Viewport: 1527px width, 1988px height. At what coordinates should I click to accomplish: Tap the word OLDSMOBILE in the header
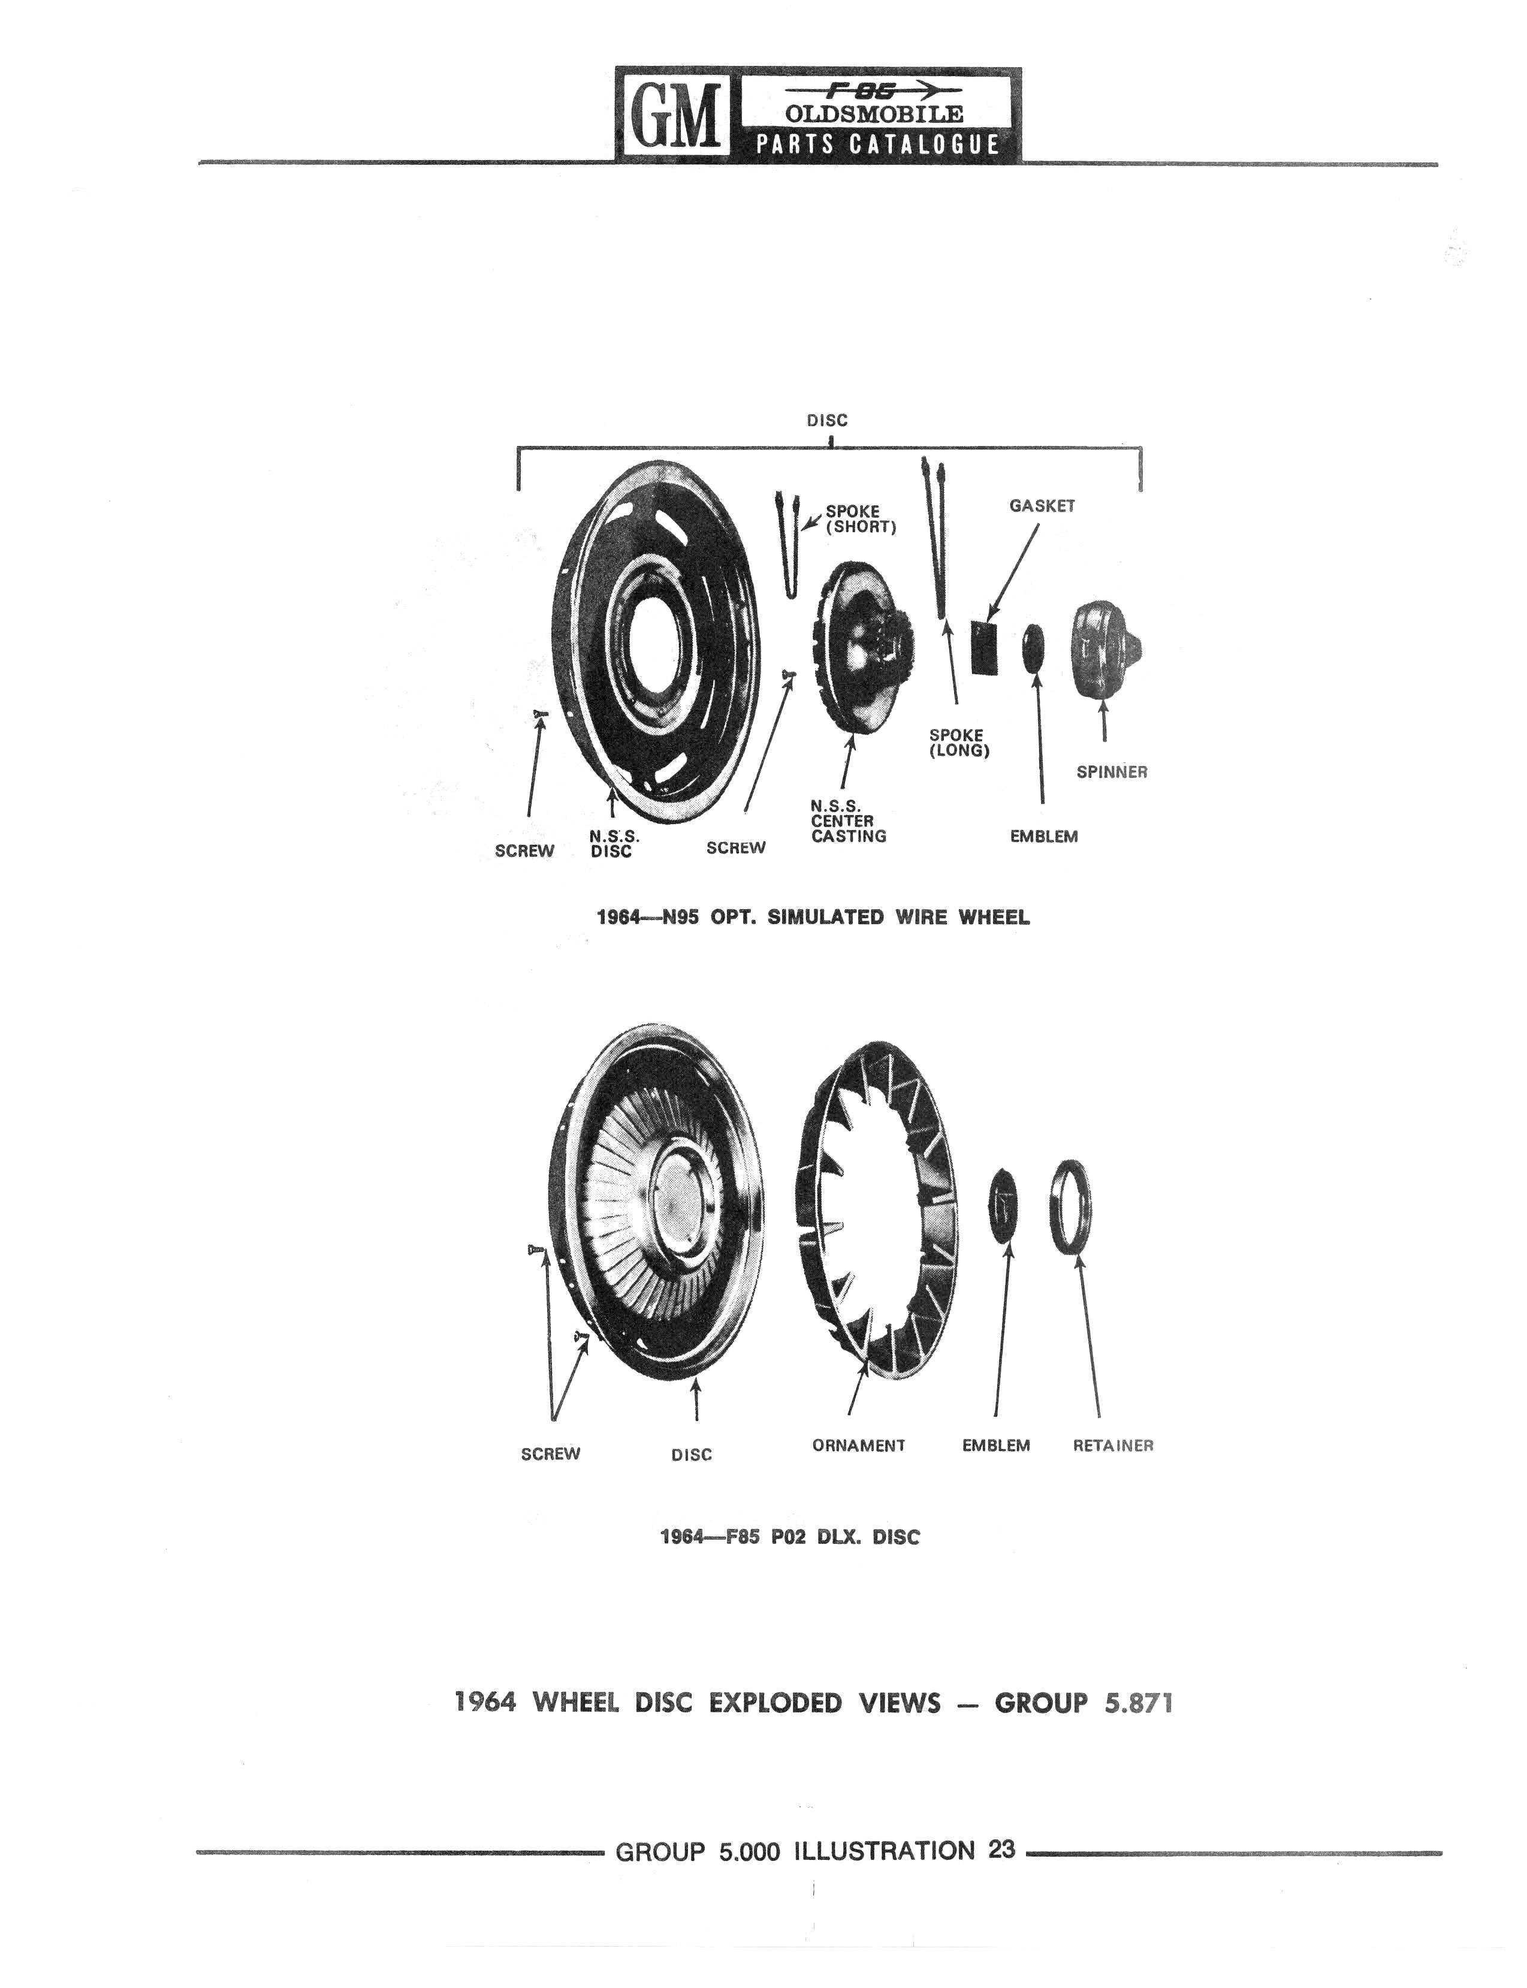pos(874,114)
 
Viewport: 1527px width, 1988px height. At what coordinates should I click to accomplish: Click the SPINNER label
pos(1112,772)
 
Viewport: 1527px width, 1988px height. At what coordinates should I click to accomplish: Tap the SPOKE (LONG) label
pos(958,743)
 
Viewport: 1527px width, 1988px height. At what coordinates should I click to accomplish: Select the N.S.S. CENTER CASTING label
pos(848,821)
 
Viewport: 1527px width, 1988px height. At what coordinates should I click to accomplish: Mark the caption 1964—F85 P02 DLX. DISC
pos(790,1537)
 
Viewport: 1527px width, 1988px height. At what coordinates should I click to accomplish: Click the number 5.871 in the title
pos(1138,1703)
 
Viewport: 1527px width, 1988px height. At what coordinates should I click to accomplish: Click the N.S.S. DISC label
pos(614,843)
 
